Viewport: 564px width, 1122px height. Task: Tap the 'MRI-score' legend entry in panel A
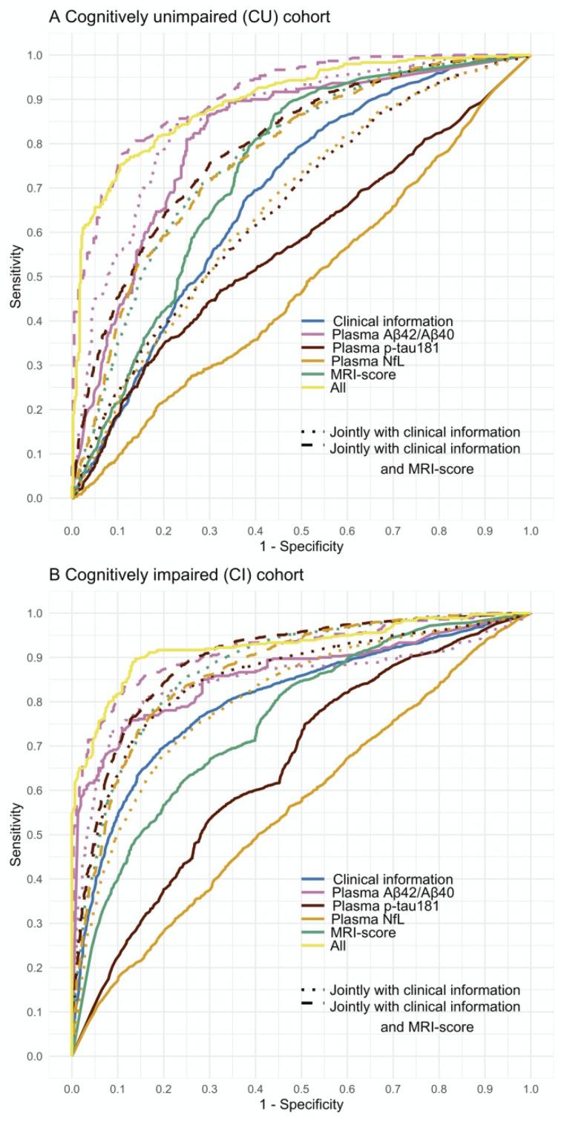click(364, 375)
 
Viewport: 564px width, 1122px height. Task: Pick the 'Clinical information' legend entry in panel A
click(393, 322)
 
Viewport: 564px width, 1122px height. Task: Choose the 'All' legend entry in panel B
click(342, 946)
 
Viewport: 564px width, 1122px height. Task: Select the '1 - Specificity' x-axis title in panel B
click(301, 1105)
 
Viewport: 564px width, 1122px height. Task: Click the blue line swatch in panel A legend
click(315, 322)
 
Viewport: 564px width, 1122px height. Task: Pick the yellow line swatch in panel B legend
click(315, 946)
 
